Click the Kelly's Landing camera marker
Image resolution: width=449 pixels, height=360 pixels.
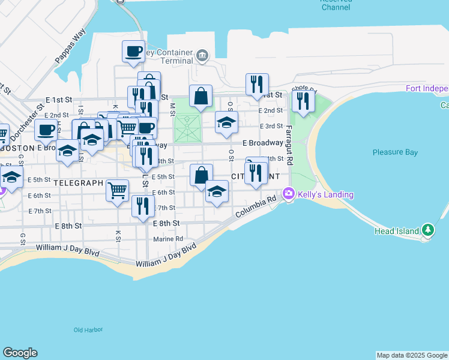pyautogui.click(x=289, y=193)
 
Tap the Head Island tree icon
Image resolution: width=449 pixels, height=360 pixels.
pyautogui.click(x=427, y=230)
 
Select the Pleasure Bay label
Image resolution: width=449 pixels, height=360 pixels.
pyautogui.click(x=395, y=152)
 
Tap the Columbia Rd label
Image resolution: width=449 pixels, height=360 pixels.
pyautogui.click(x=256, y=206)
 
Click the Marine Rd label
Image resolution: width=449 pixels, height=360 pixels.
pyautogui.click(x=168, y=239)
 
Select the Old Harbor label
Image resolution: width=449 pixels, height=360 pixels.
pyautogui.click(x=88, y=330)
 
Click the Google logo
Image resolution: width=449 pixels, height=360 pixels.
pyautogui.click(x=20, y=353)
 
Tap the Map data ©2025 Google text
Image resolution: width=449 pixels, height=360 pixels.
pyautogui.click(x=411, y=355)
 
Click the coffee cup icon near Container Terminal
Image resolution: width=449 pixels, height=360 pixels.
pyautogui.click(x=133, y=51)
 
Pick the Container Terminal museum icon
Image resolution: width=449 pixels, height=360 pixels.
pyautogui.click(x=202, y=57)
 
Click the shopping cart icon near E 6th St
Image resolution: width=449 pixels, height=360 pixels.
pyautogui.click(x=117, y=190)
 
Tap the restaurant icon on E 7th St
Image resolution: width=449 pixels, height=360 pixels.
pyautogui.click(x=143, y=206)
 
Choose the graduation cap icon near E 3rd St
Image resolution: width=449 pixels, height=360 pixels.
pyautogui.click(x=226, y=122)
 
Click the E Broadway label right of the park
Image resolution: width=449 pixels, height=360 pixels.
pyautogui.click(x=262, y=143)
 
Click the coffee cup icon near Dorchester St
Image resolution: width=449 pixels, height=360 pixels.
pyautogui.click(x=46, y=129)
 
